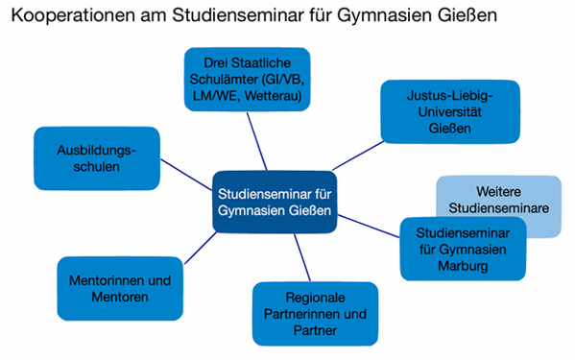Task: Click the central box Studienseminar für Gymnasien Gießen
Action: click(276, 200)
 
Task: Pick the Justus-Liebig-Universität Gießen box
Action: click(448, 111)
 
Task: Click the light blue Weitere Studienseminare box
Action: click(498, 200)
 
